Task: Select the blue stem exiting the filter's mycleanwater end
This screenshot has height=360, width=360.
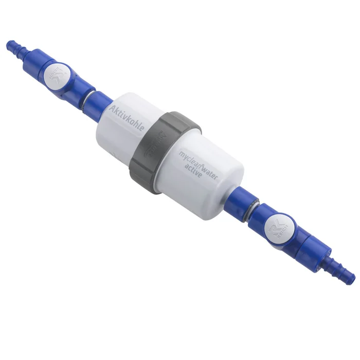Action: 240,200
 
